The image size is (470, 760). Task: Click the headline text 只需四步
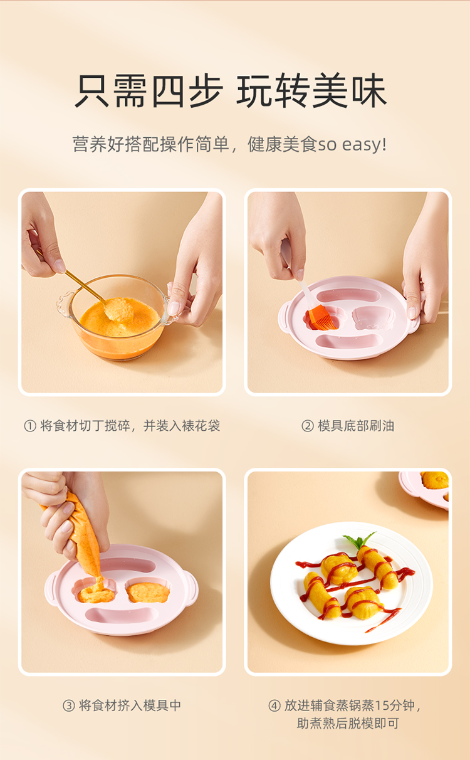coord(149,91)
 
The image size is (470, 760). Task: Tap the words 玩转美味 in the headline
coord(312,91)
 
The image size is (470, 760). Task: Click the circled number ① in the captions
coord(30,426)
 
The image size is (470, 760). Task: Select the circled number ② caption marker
coord(308,426)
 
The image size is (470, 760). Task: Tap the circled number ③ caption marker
coord(69,705)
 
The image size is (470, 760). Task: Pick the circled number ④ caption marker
coord(274,705)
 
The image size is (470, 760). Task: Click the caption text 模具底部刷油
coord(356,426)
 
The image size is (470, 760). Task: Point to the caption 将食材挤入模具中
coord(130,705)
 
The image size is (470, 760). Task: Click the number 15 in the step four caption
coord(382,705)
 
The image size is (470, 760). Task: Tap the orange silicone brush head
coord(322,317)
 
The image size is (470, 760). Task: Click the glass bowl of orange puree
coord(117,317)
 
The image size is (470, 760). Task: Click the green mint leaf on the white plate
coord(360,540)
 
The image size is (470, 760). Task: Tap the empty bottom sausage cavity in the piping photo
coord(122,615)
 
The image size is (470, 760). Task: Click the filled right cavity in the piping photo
coord(148,592)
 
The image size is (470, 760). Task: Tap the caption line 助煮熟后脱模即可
coord(348,724)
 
